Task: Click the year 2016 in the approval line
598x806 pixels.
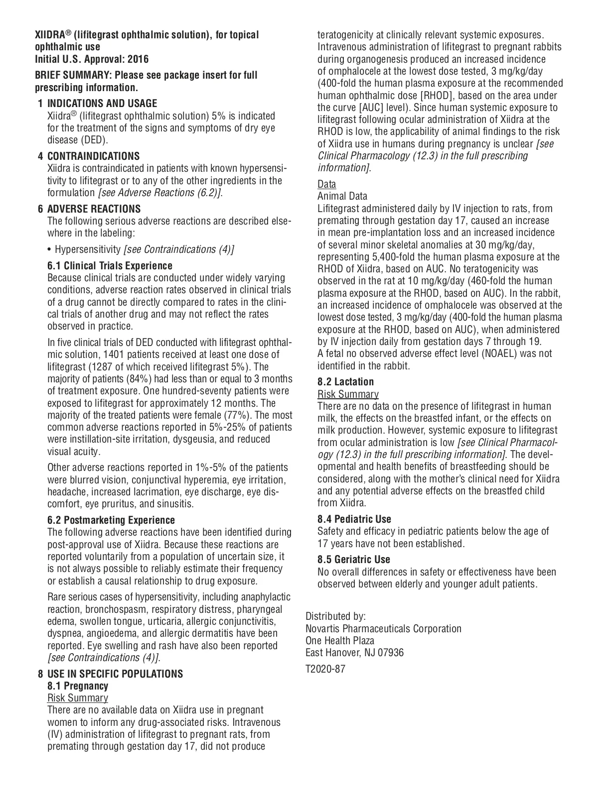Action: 138,59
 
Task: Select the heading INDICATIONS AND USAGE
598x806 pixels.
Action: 102,104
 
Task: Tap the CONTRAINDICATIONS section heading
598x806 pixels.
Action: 93,156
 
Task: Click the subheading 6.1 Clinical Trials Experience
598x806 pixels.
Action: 110,265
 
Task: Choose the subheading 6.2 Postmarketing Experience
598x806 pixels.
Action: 111,520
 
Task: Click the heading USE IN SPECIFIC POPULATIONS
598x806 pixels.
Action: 115,674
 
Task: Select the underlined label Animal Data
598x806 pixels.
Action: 342,196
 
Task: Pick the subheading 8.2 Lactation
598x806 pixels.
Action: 345,382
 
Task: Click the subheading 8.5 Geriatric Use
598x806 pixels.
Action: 354,560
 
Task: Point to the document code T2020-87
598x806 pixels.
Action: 325,669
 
